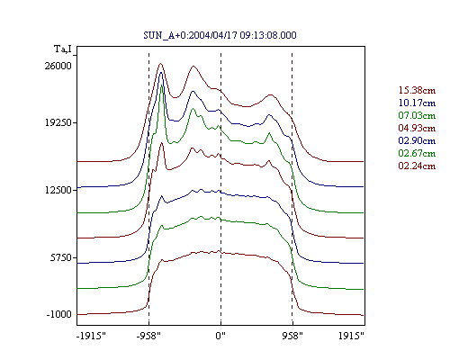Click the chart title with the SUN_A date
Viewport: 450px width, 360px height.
(220, 35)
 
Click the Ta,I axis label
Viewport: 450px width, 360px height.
(63, 49)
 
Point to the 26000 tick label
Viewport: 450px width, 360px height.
(58, 66)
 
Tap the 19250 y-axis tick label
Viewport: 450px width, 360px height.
(58, 122)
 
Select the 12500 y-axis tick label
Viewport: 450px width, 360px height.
(58, 190)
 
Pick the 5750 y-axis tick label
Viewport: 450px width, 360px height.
(61, 257)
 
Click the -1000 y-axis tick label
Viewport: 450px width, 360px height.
(59, 314)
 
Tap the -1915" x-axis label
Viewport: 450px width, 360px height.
(91, 336)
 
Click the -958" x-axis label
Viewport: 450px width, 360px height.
(148, 336)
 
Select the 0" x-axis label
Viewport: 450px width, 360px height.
(220, 336)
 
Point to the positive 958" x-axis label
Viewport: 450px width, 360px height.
(292, 336)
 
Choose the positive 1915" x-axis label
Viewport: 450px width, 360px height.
(351, 336)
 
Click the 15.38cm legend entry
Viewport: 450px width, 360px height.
(417, 90)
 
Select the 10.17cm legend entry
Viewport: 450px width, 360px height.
(417, 103)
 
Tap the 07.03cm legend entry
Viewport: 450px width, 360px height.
(417, 115)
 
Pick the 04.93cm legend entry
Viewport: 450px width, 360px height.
(417, 128)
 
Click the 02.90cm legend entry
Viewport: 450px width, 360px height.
(417, 140)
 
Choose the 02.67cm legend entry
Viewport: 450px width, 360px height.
(417, 153)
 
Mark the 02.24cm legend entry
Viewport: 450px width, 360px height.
(417, 166)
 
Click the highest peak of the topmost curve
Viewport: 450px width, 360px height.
(160, 64)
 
